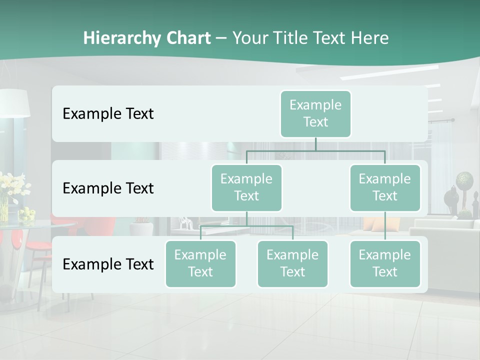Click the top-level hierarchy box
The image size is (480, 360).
(315, 113)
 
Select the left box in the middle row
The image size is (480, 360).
(246, 187)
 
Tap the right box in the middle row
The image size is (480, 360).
(385, 187)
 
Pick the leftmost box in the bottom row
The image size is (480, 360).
(200, 263)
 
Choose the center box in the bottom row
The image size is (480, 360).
(292, 263)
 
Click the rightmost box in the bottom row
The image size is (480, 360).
(385, 263)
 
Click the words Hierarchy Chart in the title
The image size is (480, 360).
(147, 38)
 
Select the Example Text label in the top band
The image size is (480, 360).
(108, 113)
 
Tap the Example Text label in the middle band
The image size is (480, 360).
(108, 188)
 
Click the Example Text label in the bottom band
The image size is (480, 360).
(108, 264)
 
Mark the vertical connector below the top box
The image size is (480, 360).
(315, 144)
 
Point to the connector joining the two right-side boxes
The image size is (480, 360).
(385, 226)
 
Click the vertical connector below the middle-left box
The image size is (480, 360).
(246, 218)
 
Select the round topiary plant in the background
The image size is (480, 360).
(465, 179)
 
